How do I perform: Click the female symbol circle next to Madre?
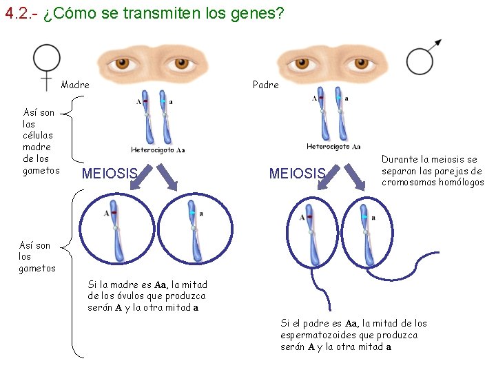click(x=47, y=59)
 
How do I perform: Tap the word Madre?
click(x=75, y=85)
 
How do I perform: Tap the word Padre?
click(x=266, y=85)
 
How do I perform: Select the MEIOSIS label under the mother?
click(x=110, y=173)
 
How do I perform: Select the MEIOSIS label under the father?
click(x=297, y=173)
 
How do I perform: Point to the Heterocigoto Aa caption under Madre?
click(x=158, y=149)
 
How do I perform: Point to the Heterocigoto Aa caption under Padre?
click(x=333, y=146)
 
